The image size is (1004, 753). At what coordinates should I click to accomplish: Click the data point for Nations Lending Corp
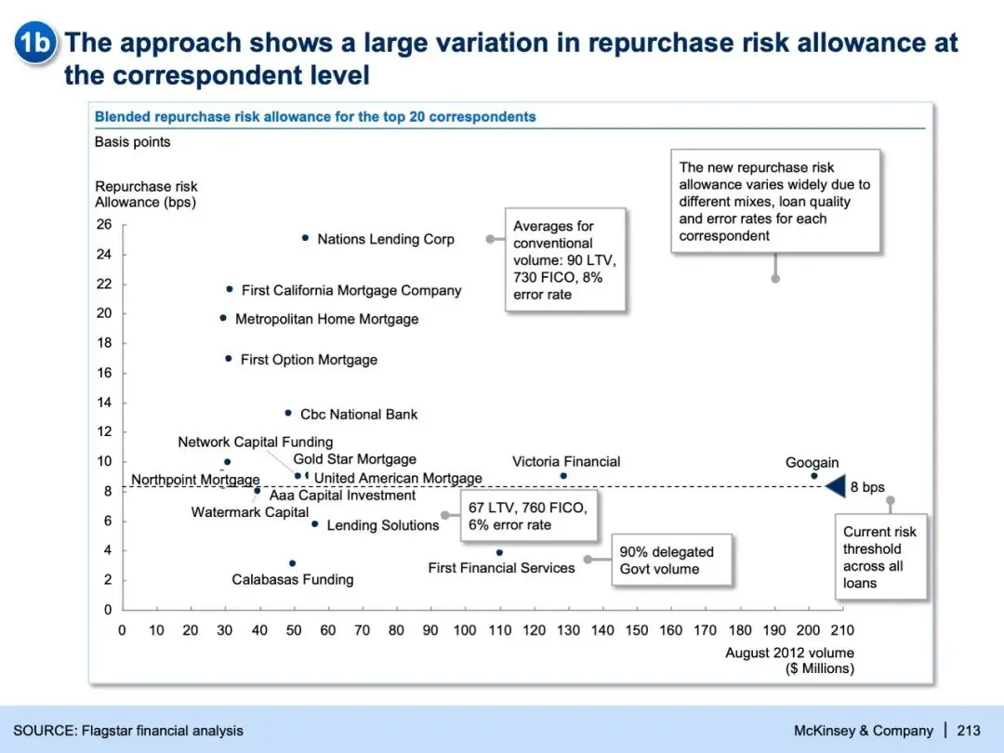(x=305, y=238)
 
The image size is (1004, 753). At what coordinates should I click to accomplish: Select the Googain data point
(x=814, y=476)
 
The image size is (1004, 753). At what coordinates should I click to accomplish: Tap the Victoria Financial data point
(x=563, y=476)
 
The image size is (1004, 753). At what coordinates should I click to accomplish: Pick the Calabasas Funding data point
(x=292, y=563)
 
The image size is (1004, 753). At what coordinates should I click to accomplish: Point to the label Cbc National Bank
(x=359, y=415)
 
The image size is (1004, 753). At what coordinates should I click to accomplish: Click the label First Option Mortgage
(x=309, y=360)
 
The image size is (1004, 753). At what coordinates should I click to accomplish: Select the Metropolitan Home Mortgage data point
(x=223, y=318)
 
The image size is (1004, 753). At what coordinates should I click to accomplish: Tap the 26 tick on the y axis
(x=103, y=225)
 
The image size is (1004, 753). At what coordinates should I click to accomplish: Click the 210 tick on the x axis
(x=842, y=630)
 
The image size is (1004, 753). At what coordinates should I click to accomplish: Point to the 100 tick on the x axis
(x=465, y=630)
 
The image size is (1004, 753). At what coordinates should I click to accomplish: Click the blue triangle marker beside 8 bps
(x=835, y=485)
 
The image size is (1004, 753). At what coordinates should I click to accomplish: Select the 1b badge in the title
(x=36, y=43)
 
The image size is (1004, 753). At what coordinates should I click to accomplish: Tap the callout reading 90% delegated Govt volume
(x=670, y=561)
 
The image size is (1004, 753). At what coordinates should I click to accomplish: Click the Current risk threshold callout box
(x=879, y=557)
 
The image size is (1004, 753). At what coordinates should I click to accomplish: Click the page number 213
(x=968, y=731)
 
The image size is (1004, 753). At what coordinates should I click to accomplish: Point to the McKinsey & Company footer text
(x=863, y=731)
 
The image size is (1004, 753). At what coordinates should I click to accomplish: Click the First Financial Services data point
(x=499, y=552)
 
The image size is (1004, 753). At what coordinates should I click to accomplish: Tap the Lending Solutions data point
(x=315, y=524)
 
